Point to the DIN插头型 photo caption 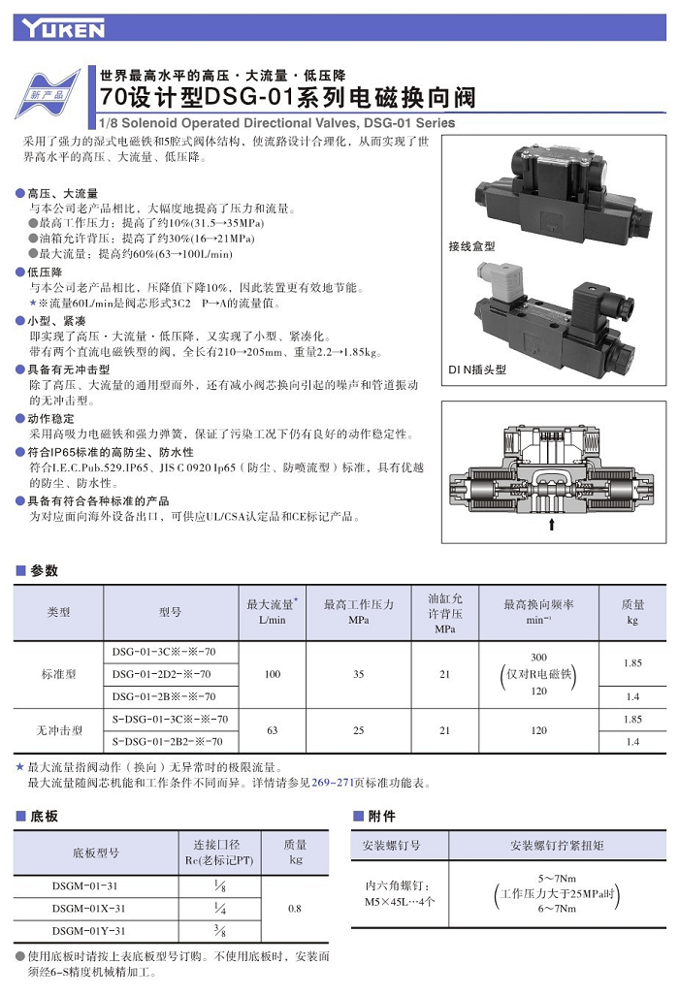point(477,370)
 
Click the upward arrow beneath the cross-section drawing point(552,525)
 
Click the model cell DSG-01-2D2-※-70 point(162,674)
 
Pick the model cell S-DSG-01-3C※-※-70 point(170,720)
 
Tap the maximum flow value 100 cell point(273,674)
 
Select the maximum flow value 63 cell point(273,730)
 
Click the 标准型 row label point(58,674)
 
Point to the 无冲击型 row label point(58,730)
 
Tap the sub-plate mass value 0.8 point(296,909)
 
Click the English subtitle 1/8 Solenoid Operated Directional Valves point(276,123)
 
